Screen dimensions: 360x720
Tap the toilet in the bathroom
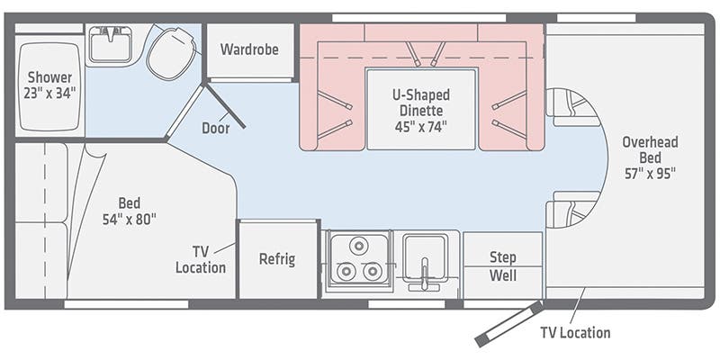coord(172,51)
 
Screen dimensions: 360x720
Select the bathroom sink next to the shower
coord(111,45)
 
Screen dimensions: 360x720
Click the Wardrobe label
coord(249,49)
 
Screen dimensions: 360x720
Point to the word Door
coord(215,128)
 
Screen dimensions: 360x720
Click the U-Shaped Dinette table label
coord(420,110)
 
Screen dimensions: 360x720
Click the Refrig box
coord(277,259)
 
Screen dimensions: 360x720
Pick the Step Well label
coord(502,265)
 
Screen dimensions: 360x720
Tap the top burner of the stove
coord(360,245)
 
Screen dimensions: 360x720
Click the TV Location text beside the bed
coord(201,259)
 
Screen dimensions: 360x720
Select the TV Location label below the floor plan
coord(574,333)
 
